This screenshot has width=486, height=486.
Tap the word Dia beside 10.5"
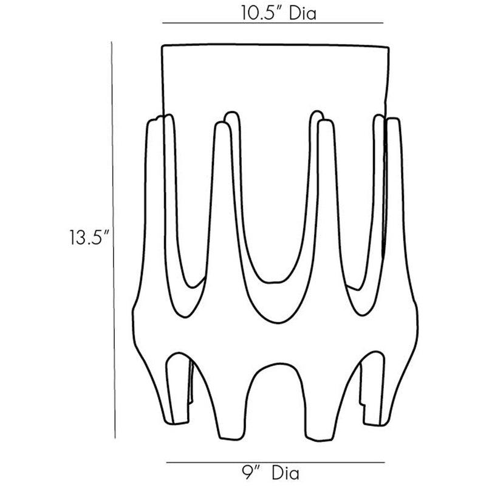tap(302, 13)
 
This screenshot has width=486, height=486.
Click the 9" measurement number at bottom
tap(250, 473)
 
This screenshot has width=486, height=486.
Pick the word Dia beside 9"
tap(286, 473)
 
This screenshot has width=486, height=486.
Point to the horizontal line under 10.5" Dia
tap(273, 23)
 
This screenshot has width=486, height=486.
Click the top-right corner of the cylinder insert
tap(388, 47)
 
